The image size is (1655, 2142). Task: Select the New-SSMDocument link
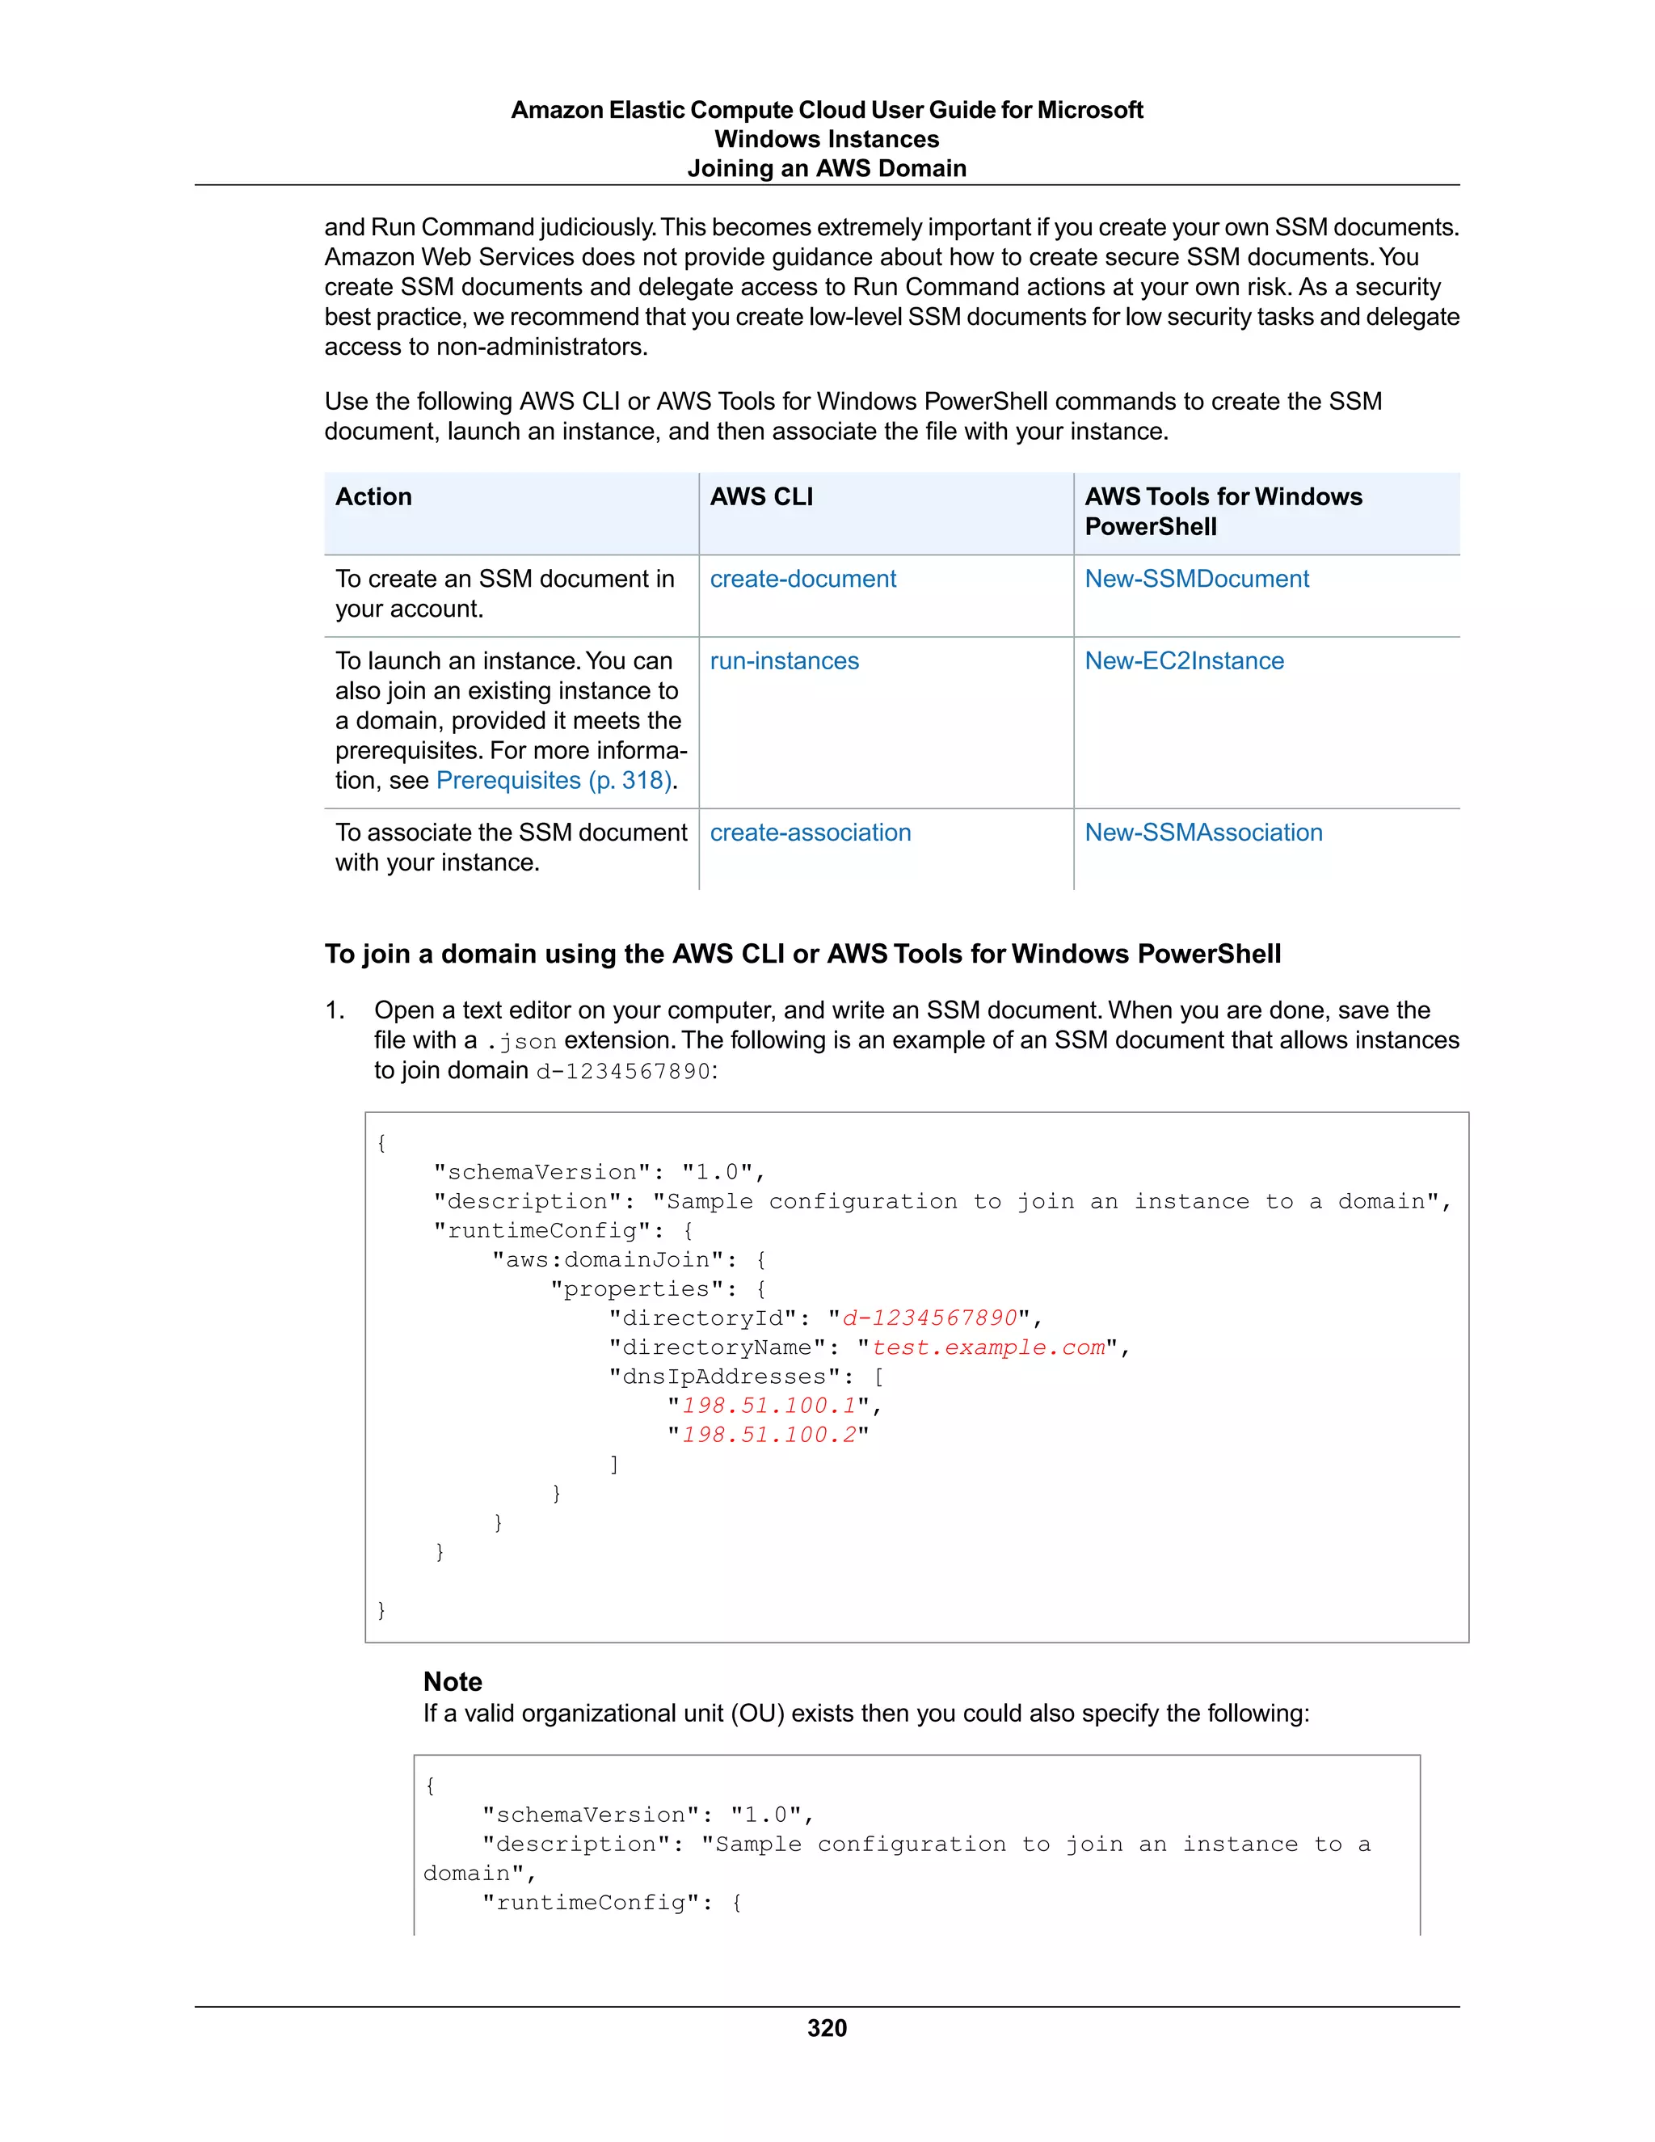(1195, 579)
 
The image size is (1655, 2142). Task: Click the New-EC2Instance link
(1183, 661)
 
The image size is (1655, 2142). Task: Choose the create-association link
(810, 833)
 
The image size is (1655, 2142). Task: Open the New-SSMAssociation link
(1203, 833)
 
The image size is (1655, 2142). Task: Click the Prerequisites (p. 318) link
(554, 781)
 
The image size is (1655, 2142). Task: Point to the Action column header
(373, 497)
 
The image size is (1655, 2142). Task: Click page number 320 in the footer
(827, 2028)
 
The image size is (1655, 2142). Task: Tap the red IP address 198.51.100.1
(769, 1406)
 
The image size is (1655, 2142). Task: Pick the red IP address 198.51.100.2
(769, 1436)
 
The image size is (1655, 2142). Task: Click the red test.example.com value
(988, 1347)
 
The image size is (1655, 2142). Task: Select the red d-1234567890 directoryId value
(929, 1318)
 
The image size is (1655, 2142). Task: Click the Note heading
(452, 1682)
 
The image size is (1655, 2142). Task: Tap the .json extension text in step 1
(521, 1042)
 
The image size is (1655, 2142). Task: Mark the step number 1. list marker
(335, 1011)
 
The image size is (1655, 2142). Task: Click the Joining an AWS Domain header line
(827, 169)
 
